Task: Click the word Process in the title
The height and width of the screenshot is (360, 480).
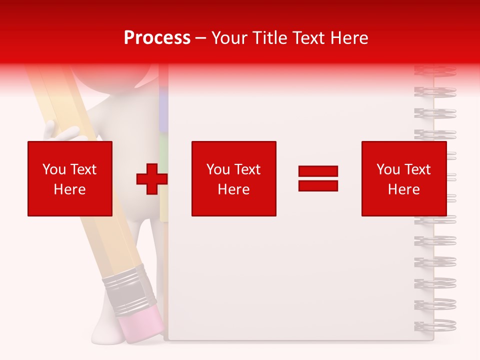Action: pos(157,38)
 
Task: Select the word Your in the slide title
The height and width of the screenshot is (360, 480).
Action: pos(230,38)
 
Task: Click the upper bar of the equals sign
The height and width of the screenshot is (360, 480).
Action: pos(318,171)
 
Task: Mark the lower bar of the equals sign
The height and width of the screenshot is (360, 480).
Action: pos(318,186)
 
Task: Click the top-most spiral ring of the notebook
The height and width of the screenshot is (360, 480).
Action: pos(435,70)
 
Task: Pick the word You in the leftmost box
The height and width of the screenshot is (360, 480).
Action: pos(53,169)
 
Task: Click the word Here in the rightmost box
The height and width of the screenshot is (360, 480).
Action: pos(403,189)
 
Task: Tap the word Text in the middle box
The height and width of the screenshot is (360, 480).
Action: pos(247,169)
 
